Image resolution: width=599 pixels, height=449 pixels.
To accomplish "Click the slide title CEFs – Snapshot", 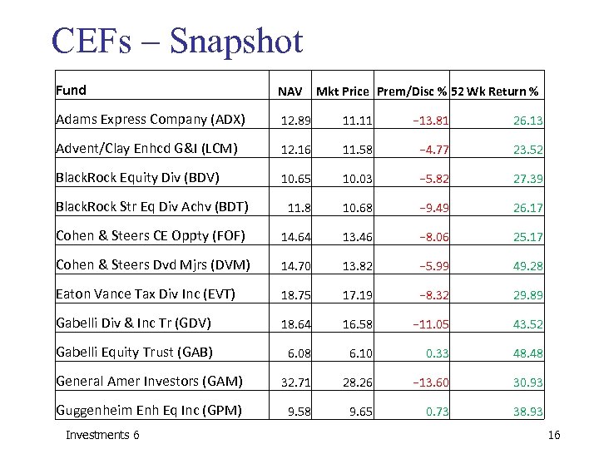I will (x=176, y=41).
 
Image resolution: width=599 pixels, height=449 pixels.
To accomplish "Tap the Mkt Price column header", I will (x=344, y=91).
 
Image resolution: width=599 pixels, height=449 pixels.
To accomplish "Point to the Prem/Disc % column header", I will (x=413, y=91).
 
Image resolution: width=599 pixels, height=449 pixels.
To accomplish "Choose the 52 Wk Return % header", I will (x=495, y=91).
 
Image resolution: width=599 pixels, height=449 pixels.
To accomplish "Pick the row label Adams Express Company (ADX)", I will (x=150, y=119).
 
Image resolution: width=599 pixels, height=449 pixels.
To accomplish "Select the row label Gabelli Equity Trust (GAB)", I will (x=134, y=352).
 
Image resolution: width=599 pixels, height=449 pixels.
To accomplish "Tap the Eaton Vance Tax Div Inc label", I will (x=145, y=294).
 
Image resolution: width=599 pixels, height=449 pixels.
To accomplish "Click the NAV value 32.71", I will (x=294, y=382).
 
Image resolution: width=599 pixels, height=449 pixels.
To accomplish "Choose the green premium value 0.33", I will (x=438, y=353).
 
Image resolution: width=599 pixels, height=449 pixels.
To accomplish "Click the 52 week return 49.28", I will (x=528, y=266).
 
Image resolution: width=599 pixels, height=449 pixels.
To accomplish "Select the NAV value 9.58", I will (x=298, y=412).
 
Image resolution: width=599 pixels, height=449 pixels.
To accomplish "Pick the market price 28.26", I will (x=355, y=382).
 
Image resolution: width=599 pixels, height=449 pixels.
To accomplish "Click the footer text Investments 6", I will (x=102, y=435).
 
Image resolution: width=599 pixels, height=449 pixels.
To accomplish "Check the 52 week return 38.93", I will (x=528, y=412).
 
